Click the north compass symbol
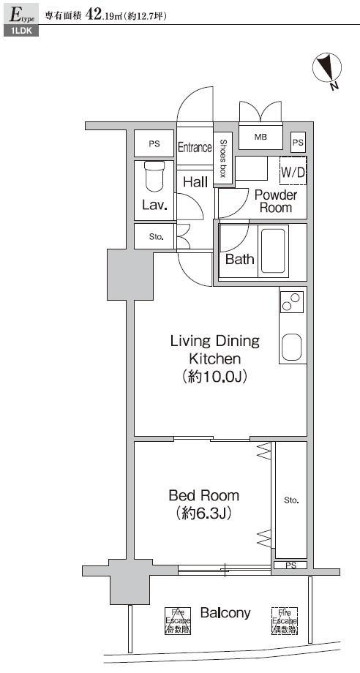coord(327,69)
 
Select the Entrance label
coord(195,147)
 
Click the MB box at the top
coord(260,137)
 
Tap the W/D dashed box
coord(293,172)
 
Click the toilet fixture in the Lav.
coord(154,176)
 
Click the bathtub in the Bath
coord(274,251)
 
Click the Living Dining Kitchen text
coord(214,350)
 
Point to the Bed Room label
coord(203,496)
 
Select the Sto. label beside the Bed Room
coord(291,500)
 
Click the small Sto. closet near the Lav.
coord(156,236)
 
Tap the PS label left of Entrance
coord(154,144)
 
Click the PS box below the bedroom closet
coord(290,565)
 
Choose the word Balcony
coord(225,613)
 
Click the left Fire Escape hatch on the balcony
coord(176,620)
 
